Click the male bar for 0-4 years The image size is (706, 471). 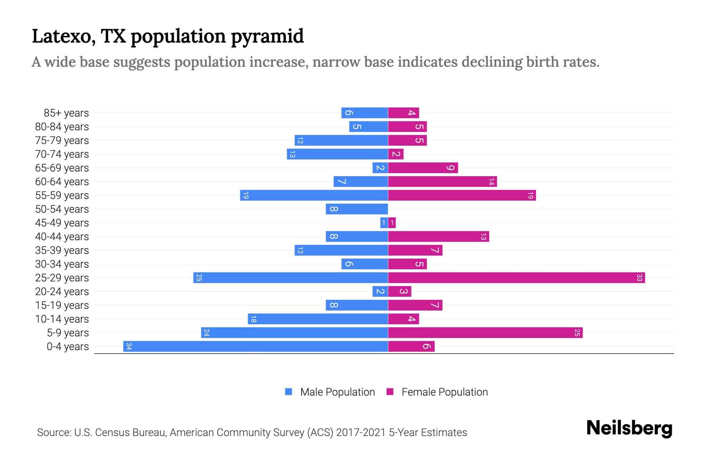(255, 346)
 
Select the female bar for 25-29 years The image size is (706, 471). (516, 277)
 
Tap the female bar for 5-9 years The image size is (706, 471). (485, 332)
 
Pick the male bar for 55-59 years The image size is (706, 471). (314, 195)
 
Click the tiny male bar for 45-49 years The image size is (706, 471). (384, 223)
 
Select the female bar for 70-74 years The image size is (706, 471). (396, 154)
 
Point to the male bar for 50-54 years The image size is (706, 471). (357, 209)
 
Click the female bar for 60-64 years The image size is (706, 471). (442, 181)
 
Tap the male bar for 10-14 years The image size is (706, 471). (318, 319)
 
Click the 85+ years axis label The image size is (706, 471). (66, 113)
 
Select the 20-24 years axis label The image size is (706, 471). (62, 292)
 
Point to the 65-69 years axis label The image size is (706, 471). (62, 168)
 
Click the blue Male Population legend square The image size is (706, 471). (289, 392)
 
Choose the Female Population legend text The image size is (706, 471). (444, 392)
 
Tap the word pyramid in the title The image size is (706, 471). (267, 37)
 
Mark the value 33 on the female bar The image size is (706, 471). (639, 277)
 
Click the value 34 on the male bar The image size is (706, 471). (129, 346)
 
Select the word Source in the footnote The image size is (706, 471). (54, 433)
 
